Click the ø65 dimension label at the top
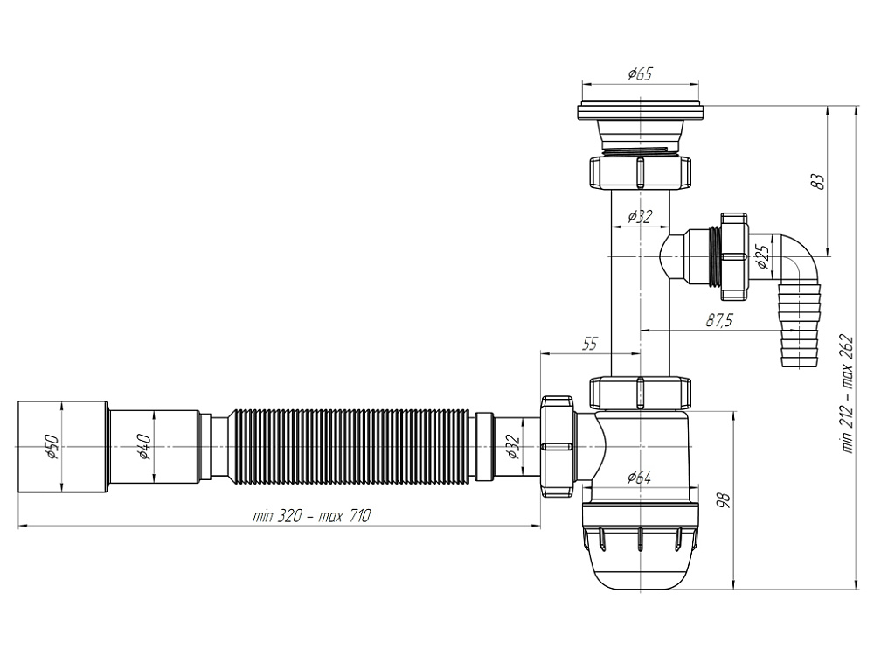640,75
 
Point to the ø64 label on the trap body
639,478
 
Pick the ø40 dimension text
144,446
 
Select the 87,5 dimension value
718,321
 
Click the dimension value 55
590,345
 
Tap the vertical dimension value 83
817,182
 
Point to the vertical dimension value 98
722,500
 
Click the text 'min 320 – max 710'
311,517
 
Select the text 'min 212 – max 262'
847,394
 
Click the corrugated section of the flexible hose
350,446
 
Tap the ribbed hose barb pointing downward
799,328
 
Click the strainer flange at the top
640,112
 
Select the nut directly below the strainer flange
640,172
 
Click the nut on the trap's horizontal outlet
557,446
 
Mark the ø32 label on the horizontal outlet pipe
514,446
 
